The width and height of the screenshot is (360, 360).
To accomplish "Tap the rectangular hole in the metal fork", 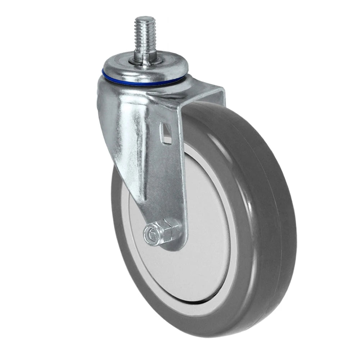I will [165, 133].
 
